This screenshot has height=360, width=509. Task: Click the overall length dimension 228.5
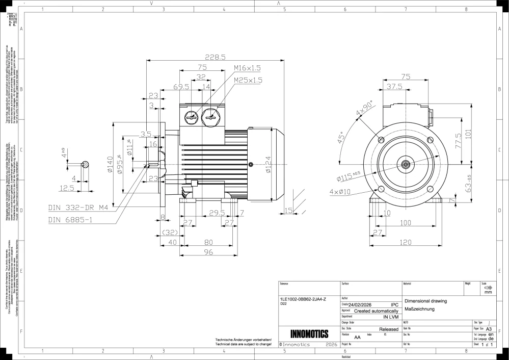pos(216,57)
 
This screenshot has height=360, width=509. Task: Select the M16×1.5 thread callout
pos(247,68)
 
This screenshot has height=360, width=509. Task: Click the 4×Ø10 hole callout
pos(340,192)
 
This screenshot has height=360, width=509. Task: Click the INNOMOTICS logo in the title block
pos(309,335)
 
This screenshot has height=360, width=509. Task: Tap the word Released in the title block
pos(389,329)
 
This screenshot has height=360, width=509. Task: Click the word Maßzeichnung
pos(419,309)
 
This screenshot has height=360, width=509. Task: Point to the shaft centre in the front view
pos(406,164)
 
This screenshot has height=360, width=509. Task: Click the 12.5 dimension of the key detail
pos(67,188)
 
